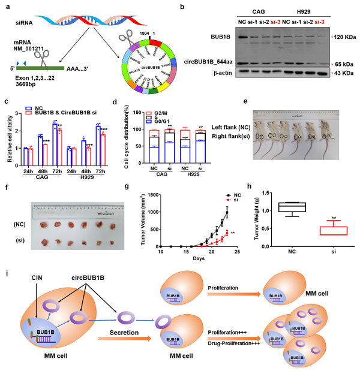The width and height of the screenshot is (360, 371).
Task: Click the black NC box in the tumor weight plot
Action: point(289,207)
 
